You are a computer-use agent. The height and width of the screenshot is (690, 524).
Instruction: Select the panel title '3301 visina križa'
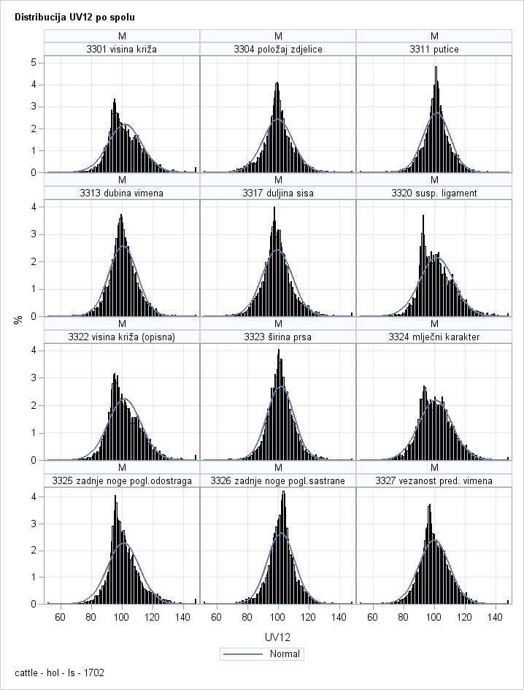tap(122, 49)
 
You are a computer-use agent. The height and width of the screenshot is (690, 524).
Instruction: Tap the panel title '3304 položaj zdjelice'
tap(278, 49)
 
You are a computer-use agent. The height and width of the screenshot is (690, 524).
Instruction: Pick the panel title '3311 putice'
tap(434, 49)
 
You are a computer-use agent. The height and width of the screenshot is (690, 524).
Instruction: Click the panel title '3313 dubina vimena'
tap(122, 193)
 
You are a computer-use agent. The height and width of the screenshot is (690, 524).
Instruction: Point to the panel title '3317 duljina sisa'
tap(278, 193)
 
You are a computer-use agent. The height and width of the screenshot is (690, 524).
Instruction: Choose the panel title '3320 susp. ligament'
tap(434, 193)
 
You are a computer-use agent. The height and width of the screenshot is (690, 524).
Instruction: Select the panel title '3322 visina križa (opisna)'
tap(122, 337)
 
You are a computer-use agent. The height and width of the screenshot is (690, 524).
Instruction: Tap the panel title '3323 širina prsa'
tap(278, 337)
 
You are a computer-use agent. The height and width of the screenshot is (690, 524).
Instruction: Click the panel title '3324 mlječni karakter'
tap(434, 337)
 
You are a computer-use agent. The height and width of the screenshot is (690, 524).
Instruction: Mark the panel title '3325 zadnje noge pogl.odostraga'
tap(122, 480)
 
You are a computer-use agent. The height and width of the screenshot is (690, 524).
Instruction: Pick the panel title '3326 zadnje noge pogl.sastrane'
tap(278, 480)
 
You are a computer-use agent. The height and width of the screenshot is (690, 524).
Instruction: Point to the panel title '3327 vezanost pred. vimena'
tap(434, 480)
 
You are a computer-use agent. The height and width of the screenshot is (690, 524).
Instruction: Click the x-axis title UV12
tap(278, 637)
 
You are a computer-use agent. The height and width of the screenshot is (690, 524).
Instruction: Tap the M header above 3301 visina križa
tap(122, 36)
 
